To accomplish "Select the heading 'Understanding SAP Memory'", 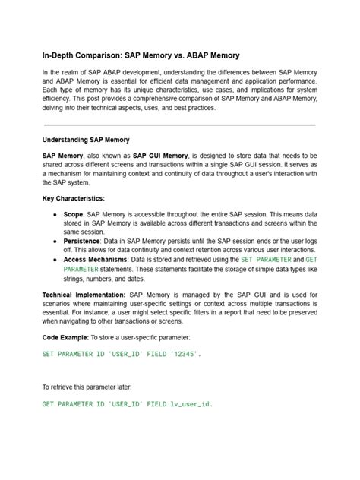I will coord(86,140).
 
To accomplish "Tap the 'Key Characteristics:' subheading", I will coord(74,197).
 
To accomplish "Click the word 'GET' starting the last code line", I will coord(48,404).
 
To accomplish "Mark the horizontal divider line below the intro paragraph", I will coord(179,124).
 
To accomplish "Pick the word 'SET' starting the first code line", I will coord(48,354).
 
